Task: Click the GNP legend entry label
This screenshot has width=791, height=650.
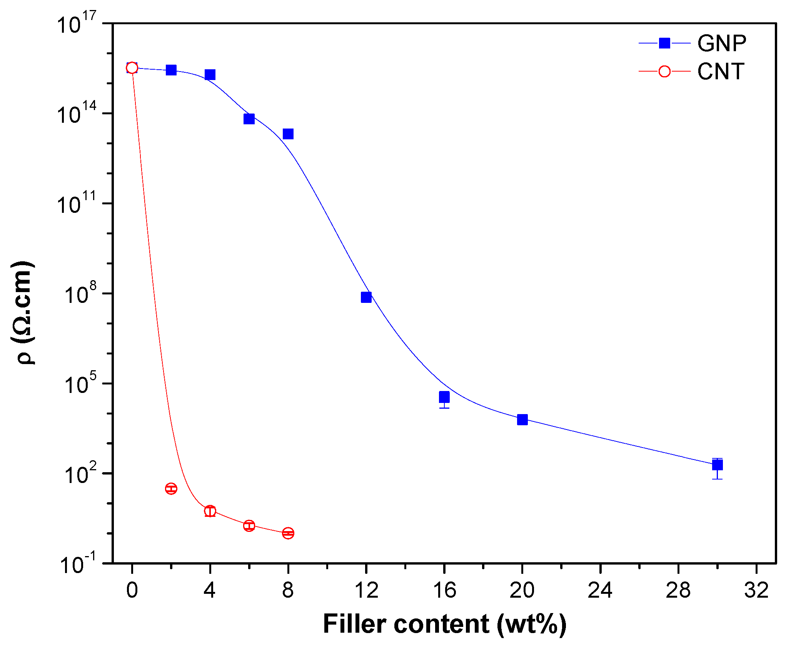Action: (722, 43)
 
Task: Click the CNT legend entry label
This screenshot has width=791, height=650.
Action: (721, 72)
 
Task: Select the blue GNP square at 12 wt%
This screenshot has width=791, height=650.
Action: (366, 297)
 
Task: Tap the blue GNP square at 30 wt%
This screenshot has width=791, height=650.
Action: (717, 465)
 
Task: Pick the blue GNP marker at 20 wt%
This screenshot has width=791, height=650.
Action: (522, 419)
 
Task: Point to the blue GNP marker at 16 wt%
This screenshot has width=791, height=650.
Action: (444, 397)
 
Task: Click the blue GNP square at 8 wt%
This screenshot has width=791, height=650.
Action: (288, 134)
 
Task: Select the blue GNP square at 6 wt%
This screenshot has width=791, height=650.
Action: (249, 119)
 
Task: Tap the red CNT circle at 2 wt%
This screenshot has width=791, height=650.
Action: (171, 489)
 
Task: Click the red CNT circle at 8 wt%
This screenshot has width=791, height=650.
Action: (288, 533)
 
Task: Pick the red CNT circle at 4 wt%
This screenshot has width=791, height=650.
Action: (210, 511)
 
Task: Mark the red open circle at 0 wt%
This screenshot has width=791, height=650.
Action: (132, 68)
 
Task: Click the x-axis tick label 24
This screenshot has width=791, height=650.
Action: (600, 590)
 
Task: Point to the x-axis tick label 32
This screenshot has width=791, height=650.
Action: (756, 590)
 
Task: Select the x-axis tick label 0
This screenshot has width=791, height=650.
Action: (132, 590)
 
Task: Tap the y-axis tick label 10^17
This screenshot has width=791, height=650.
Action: (76, 24)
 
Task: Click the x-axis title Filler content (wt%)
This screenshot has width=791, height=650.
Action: (444, 624)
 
